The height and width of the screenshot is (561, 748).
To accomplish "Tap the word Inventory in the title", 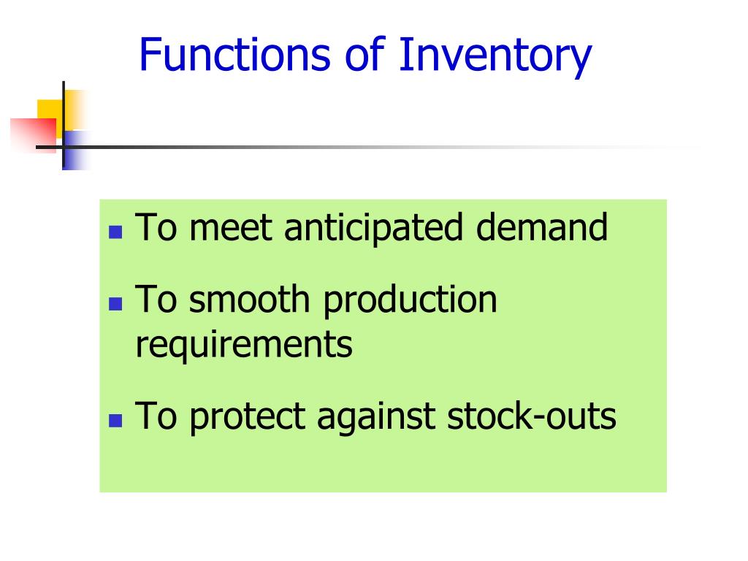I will pos(495,57).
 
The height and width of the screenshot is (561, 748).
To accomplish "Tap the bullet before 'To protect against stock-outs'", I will pos(115,421).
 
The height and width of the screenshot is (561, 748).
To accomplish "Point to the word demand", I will pos(542,227).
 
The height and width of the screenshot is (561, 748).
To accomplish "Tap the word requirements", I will pos(244,346).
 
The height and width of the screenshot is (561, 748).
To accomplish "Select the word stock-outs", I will pos(532,416).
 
